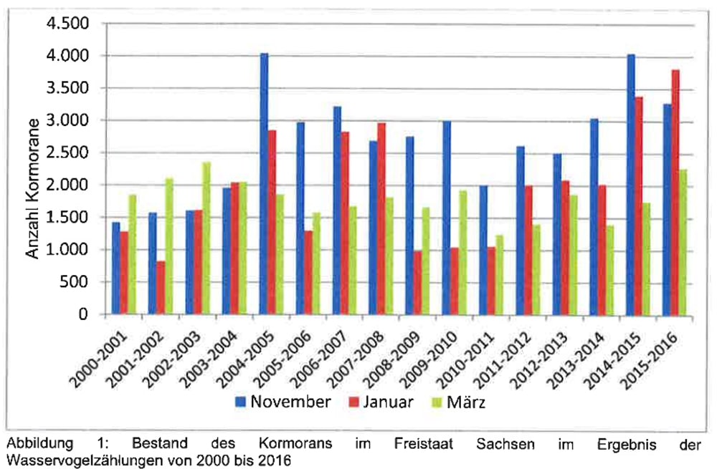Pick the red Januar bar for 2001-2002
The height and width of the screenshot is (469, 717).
click(x=160, y=287)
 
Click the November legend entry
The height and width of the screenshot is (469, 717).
click(x=284, y=402)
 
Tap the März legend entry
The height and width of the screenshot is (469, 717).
click(x=460, y=402)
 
